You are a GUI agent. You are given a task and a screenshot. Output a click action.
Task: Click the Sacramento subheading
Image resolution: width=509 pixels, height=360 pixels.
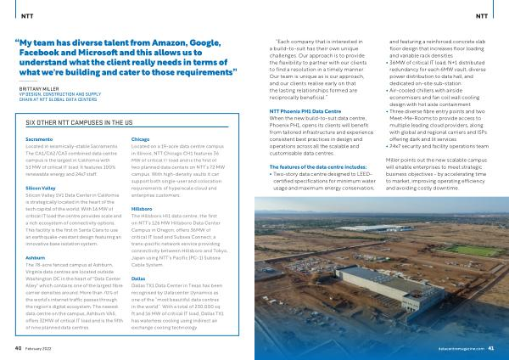coord(38,138)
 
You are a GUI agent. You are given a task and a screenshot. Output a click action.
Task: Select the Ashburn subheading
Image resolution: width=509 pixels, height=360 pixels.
coord(36,256)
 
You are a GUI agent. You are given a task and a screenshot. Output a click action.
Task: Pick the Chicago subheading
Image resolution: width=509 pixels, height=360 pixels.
coord(142,138)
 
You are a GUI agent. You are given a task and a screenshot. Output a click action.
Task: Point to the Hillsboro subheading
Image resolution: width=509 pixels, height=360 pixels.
coord(143,207)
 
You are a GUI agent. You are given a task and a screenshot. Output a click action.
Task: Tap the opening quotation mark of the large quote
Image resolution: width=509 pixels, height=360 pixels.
coord(20,43)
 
